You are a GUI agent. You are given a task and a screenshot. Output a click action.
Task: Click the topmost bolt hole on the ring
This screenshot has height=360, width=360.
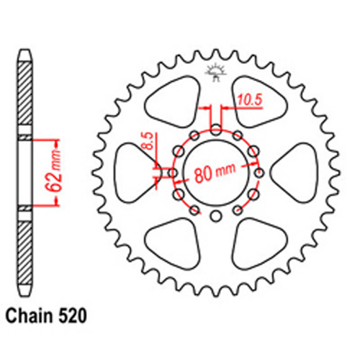[x=216, y=129]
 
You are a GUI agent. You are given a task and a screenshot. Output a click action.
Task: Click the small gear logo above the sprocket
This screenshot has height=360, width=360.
[x=215, y=70]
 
